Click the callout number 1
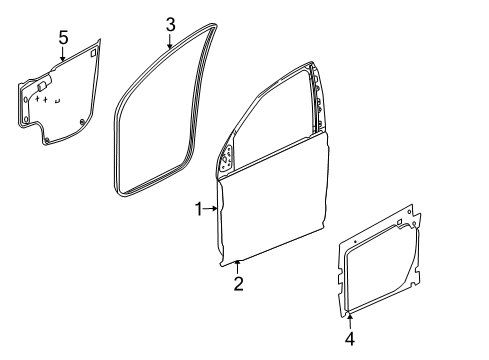coord(198,208)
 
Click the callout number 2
coord(238,285)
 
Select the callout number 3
coord(171,23)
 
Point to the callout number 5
coord(62,38)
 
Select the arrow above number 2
coord(237,265)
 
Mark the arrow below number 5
coord(62,57)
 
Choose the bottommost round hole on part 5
coord(48,141)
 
